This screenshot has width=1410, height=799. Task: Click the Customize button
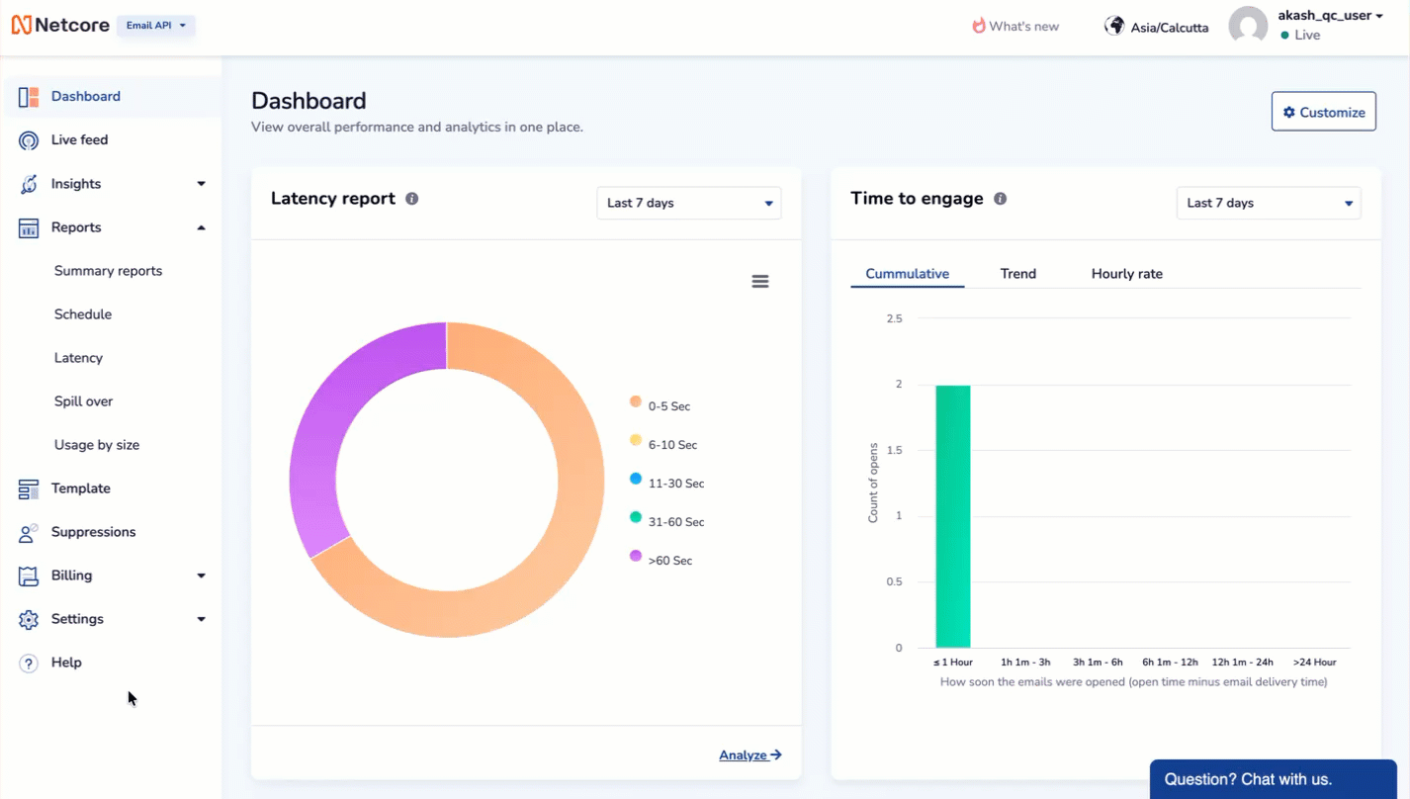(x=1323, y=113)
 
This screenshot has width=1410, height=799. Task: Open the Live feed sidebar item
(x=79, y=140)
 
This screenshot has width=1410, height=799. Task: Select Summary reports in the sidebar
(x=108, y=271)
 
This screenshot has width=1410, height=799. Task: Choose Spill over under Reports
(x=83, y=401)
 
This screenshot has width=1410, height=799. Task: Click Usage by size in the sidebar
(x=96, y=445)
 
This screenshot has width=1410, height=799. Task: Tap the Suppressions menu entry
(x=93, y=532)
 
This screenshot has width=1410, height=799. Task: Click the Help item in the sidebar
(x=66, y=663)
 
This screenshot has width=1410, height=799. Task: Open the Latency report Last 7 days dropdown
(x=688, y=203)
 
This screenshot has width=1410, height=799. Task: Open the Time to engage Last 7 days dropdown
(x=1268, y=203)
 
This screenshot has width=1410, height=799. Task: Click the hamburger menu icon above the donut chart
(x=760, y=282)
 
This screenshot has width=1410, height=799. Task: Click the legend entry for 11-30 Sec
(x=675, y=484)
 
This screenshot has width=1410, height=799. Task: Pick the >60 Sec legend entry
(x=669, y=561)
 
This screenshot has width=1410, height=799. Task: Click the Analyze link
(x=749, y=755)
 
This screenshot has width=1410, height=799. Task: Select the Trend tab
(x=1017, y=274)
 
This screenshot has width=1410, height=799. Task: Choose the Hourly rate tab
(x=1126, y=274)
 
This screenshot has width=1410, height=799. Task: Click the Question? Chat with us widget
(x=1272, y=779)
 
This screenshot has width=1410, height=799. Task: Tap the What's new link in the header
(x=1015, y=27)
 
